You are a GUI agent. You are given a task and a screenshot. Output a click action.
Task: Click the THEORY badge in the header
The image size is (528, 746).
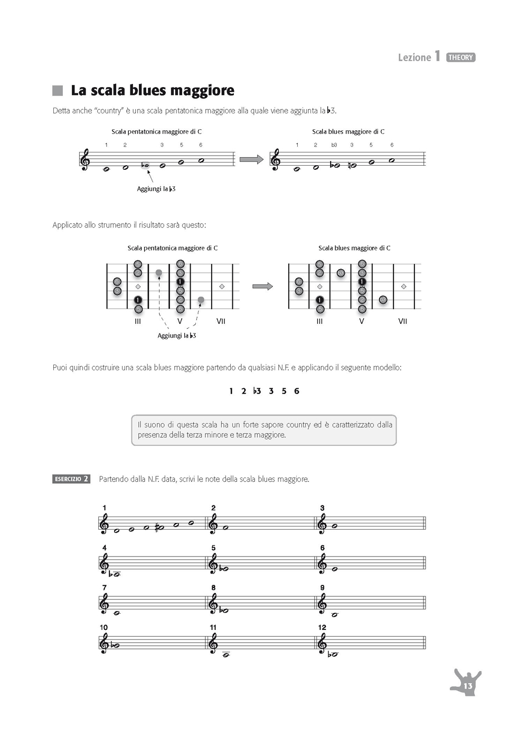460,58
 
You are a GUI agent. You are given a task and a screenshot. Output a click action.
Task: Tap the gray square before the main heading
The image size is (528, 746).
58,91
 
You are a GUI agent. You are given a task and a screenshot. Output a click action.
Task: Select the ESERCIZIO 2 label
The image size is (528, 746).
71,479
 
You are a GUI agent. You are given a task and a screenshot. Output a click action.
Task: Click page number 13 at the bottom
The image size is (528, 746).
468,685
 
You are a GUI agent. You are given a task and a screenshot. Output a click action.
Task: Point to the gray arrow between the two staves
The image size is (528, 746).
251,159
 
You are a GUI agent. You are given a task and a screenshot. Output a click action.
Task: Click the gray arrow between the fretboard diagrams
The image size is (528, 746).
262,286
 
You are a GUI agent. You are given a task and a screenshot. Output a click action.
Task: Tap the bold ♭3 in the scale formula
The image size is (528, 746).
257,391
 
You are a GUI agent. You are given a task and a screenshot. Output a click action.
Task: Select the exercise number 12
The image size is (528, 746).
322,627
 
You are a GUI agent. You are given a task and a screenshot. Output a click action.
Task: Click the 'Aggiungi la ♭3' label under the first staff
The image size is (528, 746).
156,189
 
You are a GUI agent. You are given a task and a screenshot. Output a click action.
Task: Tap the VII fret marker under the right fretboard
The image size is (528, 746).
402,321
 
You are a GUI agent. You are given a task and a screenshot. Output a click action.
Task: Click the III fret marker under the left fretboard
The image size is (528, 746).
138,321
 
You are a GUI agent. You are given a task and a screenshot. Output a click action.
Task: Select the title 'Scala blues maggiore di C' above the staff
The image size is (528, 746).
348,132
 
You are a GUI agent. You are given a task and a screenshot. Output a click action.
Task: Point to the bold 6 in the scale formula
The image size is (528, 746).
297,391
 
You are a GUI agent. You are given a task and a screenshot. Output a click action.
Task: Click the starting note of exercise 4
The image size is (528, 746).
117,575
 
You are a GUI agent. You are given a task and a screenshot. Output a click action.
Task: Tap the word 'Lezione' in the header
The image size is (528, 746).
414,58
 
